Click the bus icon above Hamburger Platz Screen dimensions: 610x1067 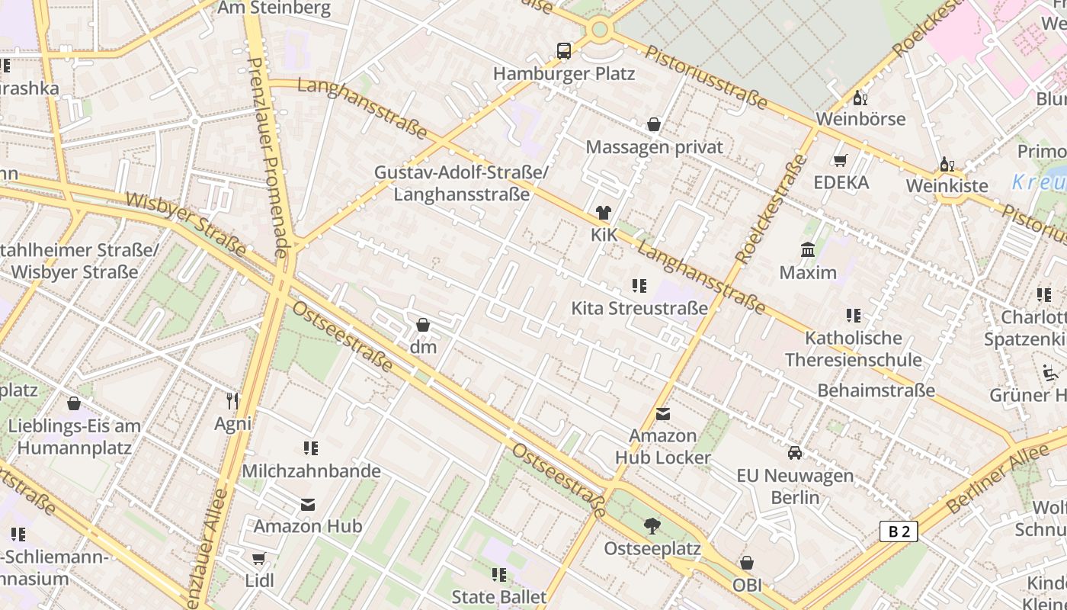coord(564,51)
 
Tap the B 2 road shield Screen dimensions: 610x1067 coord(899,531)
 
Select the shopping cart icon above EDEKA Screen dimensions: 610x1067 coord(841,160)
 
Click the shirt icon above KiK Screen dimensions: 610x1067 coord(604,213)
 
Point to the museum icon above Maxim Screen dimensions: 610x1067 coord(808,250)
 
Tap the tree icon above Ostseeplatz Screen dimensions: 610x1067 coord(652,525)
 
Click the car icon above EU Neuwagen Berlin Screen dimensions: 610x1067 coord(795,453)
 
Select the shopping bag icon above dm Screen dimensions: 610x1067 coord(423,325)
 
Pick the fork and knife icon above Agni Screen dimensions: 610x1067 coord(232,400)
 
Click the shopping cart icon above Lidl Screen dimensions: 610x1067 coord(259,558)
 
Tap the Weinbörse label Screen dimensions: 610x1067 coord(860,119)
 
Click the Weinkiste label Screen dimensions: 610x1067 coord(947,186)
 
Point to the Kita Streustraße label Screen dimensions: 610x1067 coord(639,308)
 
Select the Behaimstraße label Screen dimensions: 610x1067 coord(876,390)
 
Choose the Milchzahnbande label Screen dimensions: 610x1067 coord(311,470)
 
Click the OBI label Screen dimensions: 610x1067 coord(747,585)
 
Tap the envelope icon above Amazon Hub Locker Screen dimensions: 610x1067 coord(663,414)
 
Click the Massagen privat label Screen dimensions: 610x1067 coord(654,146)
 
